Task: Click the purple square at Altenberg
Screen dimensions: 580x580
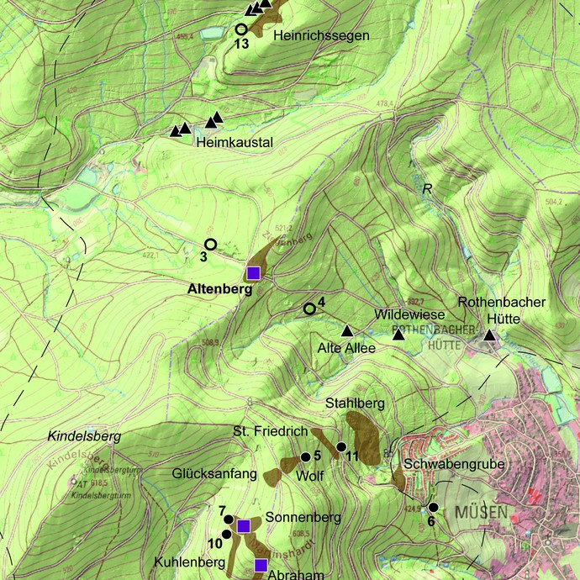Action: click(254, 272)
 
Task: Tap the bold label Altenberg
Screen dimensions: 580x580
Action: click(219, 290)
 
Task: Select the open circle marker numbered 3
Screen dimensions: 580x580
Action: click(211, 244)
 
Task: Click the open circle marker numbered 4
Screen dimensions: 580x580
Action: click(309, 308)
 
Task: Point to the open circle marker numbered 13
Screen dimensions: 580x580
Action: click(241, 29)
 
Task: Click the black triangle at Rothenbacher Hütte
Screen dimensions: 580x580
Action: click(489, 336)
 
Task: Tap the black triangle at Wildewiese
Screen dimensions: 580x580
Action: click(398, 335)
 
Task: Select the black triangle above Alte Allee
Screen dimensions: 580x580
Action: click(345, 330)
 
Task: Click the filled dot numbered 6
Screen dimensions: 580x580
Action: click(433, 507)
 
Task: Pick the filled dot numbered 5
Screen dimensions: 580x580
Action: click(305, 456)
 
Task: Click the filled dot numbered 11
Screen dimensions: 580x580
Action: click(341, 446)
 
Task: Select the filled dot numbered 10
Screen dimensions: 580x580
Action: click(226, 534)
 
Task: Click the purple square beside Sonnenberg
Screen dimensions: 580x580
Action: click(243, 526)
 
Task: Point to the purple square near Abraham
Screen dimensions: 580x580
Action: click(261, 564)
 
